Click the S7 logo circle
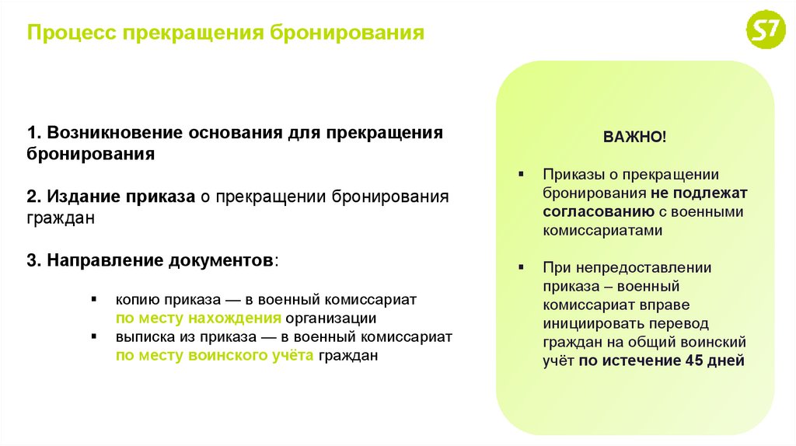click(765, 33)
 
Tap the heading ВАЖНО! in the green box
click(634, 137)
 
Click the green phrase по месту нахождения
click(198, 318)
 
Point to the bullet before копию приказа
click(93, 299)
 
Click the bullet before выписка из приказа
click(93, 337)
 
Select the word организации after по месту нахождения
click(330, 318)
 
